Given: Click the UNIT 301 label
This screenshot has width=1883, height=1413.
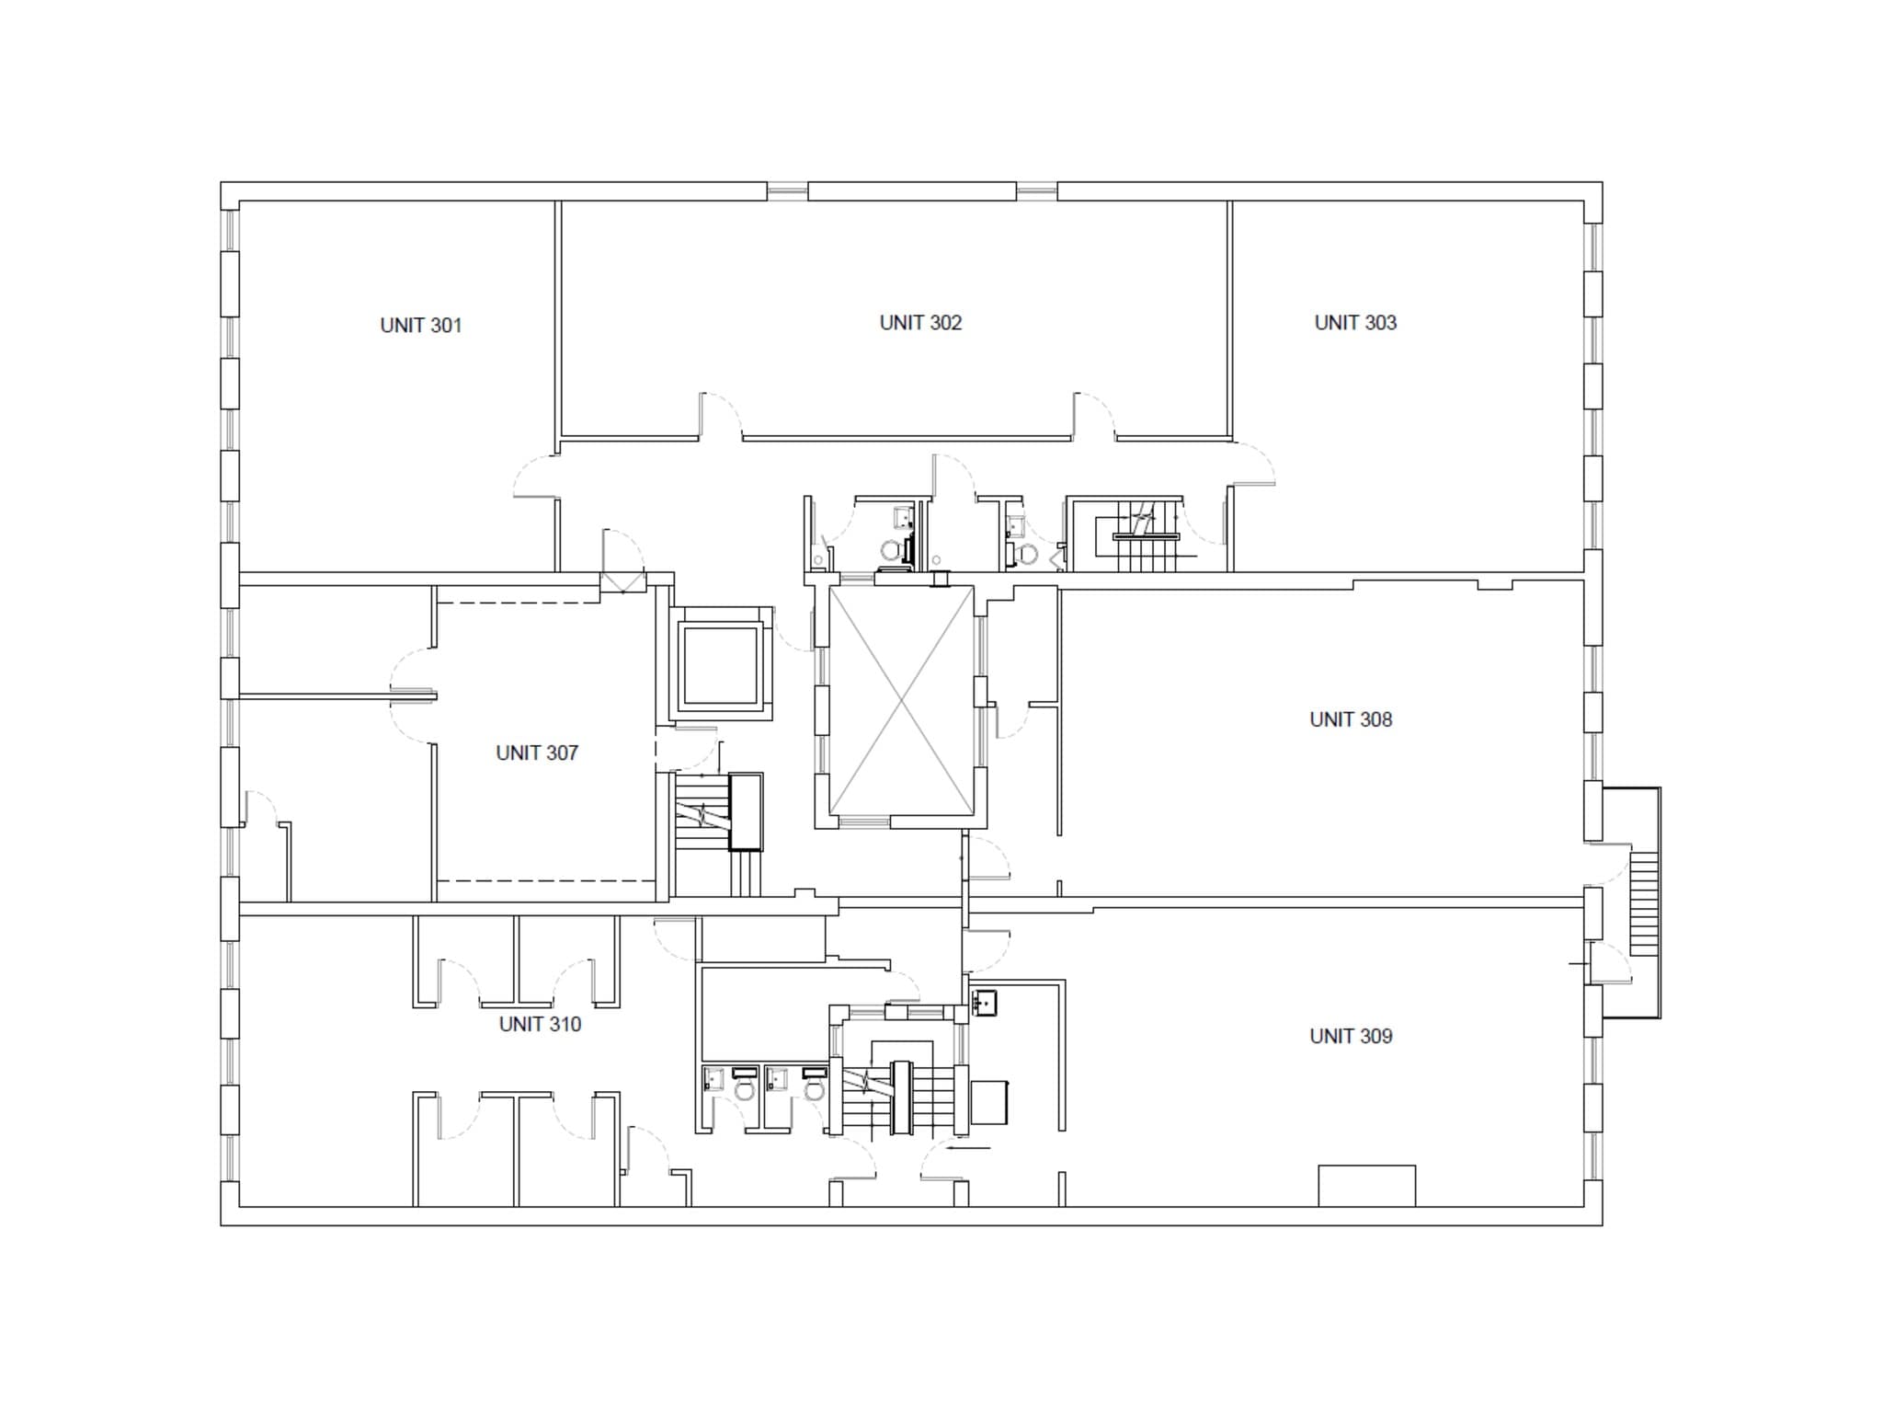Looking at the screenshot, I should pos(420,326).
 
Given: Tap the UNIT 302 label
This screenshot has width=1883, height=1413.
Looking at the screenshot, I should pos(920,323).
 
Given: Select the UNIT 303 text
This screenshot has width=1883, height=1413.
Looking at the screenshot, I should pos(1355,323).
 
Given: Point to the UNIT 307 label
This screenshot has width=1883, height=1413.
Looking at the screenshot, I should pos(537,753).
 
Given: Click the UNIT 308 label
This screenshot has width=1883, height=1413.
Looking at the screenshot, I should pos(1351,719).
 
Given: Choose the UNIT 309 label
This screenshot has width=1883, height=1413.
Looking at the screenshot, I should pos(1351,1037).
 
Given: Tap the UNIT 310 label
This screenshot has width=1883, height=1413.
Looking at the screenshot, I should pos(540,1025).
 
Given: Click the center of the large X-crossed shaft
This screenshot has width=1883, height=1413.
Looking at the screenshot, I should pos(901,702).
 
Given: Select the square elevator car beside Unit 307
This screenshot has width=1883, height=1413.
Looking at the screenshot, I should pos(720,663).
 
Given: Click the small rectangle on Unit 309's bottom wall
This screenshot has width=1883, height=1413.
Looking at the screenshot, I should pos(1366,1186).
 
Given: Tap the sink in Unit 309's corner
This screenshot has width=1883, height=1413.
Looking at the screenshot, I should pos(986,1003).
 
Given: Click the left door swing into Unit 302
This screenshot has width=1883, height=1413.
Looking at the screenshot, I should pos(722,414).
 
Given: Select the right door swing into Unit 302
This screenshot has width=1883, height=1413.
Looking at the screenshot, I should pos(1094,414).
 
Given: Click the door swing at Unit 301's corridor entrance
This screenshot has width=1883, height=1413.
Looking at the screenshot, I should pos(535,477).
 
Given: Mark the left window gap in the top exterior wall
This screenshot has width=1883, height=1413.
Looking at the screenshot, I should pos(787,191).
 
